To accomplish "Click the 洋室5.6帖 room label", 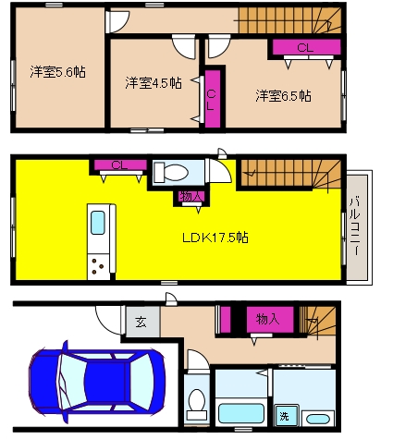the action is pos(58,72).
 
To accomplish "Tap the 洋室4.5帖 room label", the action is pos(154,83).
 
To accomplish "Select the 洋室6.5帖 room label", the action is pos(283,96).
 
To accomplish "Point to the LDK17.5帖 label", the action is pos(215,238).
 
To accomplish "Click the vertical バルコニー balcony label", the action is pos(355,225).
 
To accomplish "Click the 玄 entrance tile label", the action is pos(141,323).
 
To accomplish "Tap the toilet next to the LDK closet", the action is pos(171,172).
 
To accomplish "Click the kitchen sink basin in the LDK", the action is pos(98,223).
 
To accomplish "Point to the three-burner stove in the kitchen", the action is pos(99,267).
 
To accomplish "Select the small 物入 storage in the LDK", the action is pos(191,197).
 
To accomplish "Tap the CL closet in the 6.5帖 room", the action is pos(305,47).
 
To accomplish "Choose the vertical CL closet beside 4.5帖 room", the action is pos(213,99).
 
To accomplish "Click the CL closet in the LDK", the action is pos(120,165).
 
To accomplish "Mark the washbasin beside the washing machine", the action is pos(318,419).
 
